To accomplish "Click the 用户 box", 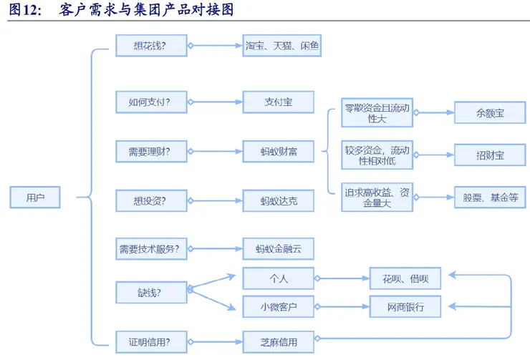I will [x=35, y=198].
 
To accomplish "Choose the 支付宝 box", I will [x=279, y=102].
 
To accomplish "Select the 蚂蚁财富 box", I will [x=279, y=151].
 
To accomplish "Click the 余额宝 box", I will [x=489, y=113].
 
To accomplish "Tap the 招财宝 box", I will [x=489, y=155].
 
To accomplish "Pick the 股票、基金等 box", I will [x=489, y=198].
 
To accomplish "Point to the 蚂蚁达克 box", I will [x=279, y=201].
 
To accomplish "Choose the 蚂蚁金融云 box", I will [x=279, y=249].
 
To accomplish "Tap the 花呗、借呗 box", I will [x=405, y=278].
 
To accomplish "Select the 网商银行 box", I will [x=405, y=307].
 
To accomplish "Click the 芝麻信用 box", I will [x=279, y=341].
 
